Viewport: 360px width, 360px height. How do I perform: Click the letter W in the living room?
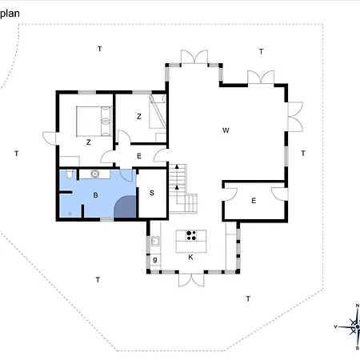(x=226, y=130)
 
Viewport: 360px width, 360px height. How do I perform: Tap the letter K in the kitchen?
(x=190, y=257)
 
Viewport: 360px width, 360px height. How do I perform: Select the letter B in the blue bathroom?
(x=95, y=195)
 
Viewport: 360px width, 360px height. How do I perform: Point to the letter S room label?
(x=152, y=193)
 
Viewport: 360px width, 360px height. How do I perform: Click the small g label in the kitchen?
(x=155, y=259)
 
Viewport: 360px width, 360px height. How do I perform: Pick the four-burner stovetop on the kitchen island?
(x=191, y=235)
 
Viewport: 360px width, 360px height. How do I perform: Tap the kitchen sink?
(x=155, y=242)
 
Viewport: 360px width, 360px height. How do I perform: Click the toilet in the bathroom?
(x=70, y=174)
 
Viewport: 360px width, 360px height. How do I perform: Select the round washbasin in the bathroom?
(x=95, y=174)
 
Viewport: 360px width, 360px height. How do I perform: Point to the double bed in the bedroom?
(x=94, y=122)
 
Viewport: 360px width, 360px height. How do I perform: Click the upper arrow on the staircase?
(x=177, y=167)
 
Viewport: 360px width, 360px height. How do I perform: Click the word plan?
(x=10, y=14)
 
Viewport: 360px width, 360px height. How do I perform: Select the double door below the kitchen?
(x=191, y=279)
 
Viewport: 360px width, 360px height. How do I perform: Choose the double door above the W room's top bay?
(x=194, y=57)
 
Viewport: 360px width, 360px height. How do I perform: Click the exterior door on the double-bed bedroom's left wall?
(x=50, y=138)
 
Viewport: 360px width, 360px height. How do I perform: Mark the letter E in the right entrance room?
(x=254, y=201)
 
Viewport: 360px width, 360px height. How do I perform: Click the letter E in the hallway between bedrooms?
(x=139, y=156)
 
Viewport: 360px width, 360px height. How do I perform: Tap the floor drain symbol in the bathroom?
(x=70, y=214)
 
